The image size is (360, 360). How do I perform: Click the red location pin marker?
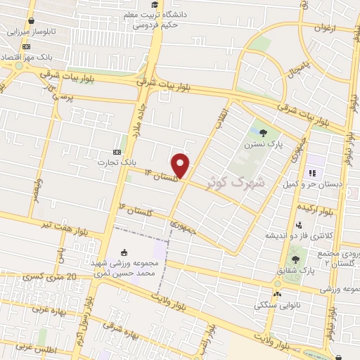181,165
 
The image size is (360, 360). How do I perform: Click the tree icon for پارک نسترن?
263,132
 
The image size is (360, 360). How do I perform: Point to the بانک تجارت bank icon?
117,152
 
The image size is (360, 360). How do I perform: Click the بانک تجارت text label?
117,162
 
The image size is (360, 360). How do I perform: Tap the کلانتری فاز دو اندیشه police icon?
300,226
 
